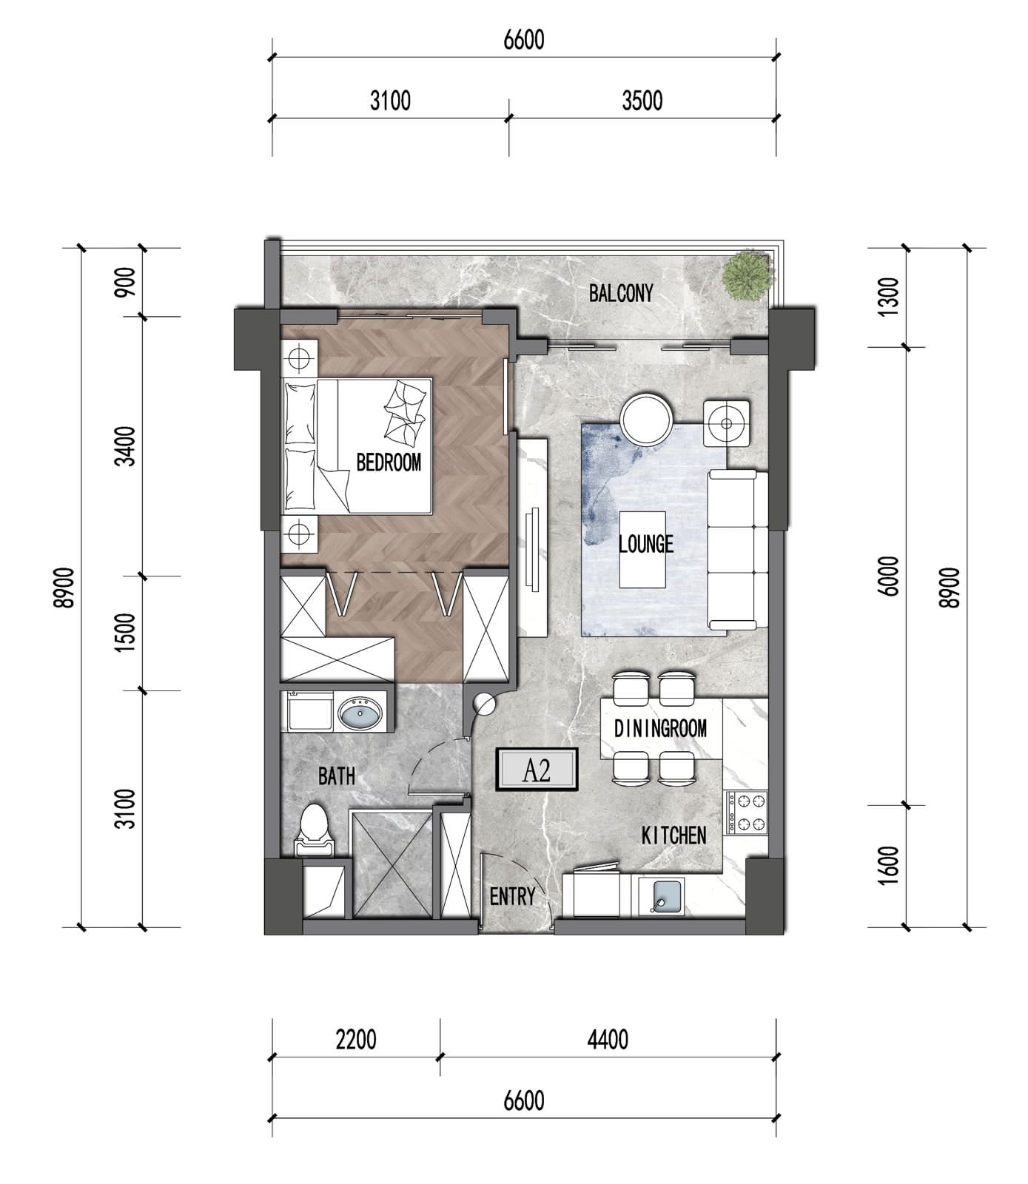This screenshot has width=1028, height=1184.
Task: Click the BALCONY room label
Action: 621,293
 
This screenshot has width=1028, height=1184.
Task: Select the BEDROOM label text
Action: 389,462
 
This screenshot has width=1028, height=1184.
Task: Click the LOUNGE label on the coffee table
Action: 645,544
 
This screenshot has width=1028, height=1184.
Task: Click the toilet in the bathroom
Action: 314,830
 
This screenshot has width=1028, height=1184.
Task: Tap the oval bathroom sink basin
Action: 361,714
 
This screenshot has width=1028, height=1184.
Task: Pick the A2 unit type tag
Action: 537,771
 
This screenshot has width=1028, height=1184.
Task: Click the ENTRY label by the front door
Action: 512,897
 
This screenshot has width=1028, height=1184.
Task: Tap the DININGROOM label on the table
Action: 660,728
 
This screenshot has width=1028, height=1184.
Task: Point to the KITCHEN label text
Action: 673,835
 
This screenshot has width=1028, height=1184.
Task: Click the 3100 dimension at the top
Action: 390,100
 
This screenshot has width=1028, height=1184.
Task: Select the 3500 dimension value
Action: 642,100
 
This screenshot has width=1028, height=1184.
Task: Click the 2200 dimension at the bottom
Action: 356,1040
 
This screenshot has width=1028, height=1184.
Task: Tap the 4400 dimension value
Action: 608,1040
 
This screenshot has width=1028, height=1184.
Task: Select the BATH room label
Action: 337,776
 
